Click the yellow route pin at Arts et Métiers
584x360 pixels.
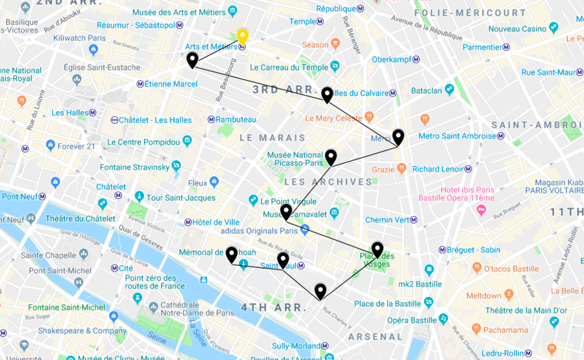point(242,36)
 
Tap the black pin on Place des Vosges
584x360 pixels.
point(377,249)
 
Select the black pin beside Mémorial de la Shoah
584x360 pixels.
point(231,255)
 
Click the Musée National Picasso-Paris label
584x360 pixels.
point(295,159)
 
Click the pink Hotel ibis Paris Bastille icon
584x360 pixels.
point(481,209)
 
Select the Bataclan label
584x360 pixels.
point(427,90)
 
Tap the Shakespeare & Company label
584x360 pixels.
point(73,330)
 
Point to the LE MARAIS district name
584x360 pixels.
point(272,138)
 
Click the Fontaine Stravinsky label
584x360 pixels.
point(135,167)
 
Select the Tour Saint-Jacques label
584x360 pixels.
point(181,198)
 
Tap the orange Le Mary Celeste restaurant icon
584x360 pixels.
point(369,117)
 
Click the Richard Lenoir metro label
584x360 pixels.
point(438,169)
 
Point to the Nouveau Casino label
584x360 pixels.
point(517,28)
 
